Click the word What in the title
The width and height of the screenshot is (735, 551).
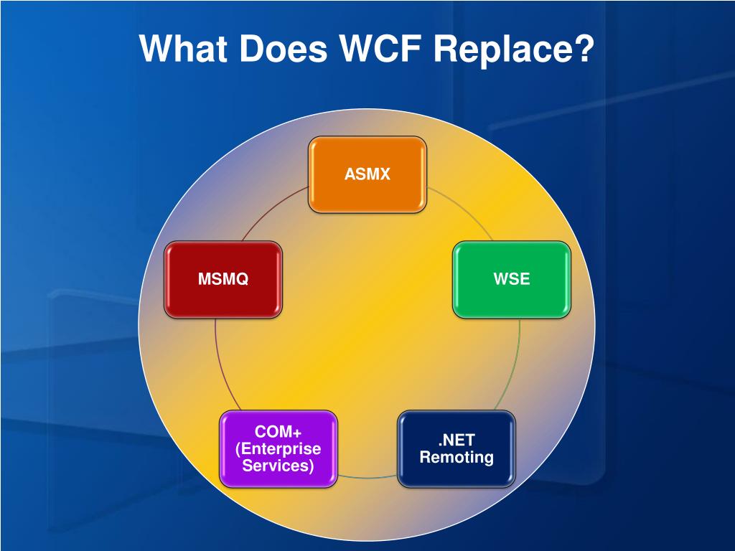(183, 48)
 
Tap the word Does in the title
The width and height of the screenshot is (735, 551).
(284, 48)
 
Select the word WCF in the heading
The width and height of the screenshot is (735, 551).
(380, 48)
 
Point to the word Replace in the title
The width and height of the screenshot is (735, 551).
(500, 50)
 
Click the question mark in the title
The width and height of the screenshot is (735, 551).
(581, 48)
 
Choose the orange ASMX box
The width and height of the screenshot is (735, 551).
(367, 174)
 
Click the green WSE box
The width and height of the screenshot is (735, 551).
(511, 279)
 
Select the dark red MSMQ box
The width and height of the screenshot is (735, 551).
(223, 279)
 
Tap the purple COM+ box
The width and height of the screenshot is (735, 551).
(278, 449)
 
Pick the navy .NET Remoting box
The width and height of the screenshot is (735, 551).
(457, 449)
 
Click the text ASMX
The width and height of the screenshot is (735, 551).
(367, 174)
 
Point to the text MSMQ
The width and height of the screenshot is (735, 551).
(223, 279)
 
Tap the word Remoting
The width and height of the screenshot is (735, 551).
(457, 457)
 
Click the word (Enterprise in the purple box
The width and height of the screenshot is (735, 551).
(278, 449)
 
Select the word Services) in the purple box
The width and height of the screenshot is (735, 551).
(278, 466)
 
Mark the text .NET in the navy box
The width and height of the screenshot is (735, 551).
(457, 441)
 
